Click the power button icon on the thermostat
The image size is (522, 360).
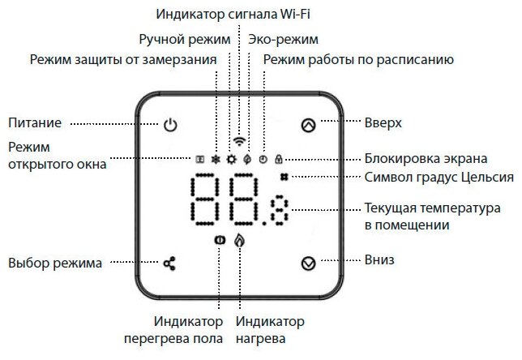[x=169, y=125]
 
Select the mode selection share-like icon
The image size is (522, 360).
[x=169, y=264]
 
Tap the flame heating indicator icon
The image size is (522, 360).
[x=238, y=241]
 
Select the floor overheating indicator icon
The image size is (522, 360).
[x=219, y=241]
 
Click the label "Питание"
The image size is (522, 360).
[x=35, y=123]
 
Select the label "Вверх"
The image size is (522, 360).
[x=383, y=123]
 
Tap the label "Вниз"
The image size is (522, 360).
[x=379, y=261]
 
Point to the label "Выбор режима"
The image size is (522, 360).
[x=55, y=263]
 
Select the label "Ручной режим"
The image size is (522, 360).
[x=185, y=39]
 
